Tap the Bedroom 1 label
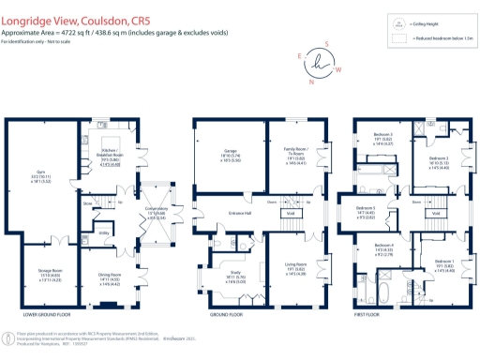pos(442,266)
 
